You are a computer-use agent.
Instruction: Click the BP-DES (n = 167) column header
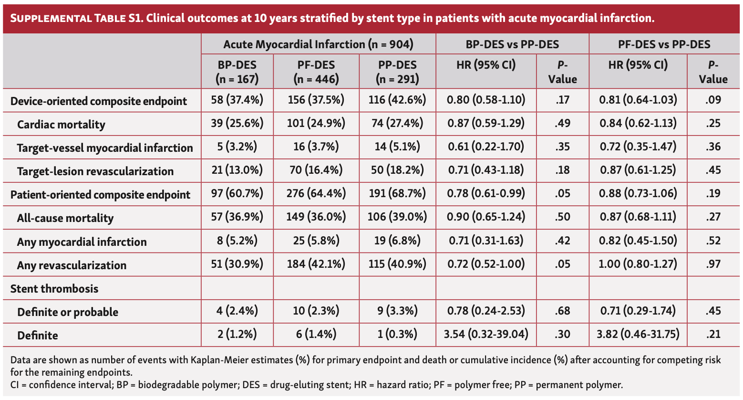[237, 72]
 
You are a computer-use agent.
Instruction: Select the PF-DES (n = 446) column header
[316, 72]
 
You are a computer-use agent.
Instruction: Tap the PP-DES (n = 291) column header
[397, 72]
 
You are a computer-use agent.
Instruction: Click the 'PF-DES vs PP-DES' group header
[664, 44]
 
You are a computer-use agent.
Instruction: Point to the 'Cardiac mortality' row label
[61, 125]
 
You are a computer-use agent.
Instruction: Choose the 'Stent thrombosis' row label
[54, 289]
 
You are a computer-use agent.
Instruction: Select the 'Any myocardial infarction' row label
[82, 242]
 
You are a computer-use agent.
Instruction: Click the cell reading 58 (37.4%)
[237, 100]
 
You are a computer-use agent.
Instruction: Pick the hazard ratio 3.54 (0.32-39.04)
[486, 334]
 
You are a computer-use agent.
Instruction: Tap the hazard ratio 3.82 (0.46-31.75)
[638, 334]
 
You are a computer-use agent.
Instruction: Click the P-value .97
[713, 264]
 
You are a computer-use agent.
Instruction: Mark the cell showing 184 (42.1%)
[316, 264]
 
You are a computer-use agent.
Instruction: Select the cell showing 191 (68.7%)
[397, 194]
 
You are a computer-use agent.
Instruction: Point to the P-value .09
[713, 100]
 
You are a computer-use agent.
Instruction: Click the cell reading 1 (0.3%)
[397, 334]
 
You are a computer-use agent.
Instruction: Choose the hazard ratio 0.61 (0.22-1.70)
[486, 147]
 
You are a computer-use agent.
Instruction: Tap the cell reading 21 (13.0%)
[237, 170]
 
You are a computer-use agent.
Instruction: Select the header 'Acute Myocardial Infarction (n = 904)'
[318, 44]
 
